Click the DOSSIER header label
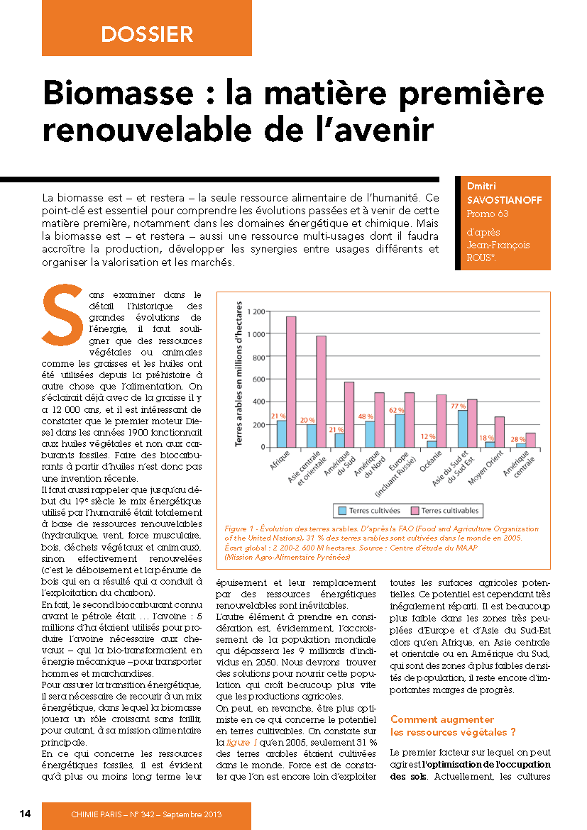tap(147, 33)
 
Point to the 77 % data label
tap(458, 406)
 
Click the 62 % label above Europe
tap(396, 410)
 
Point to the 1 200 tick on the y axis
tap(256, 311)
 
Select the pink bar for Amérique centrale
tap(530, 440)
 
